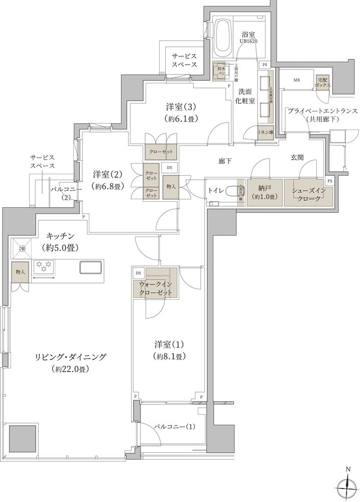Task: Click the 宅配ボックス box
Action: click(x=323, y=82)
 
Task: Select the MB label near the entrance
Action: click(x=297, y=80)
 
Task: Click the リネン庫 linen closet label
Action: click(x=265, y=132)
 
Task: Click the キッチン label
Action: click(x=62, y=235)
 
